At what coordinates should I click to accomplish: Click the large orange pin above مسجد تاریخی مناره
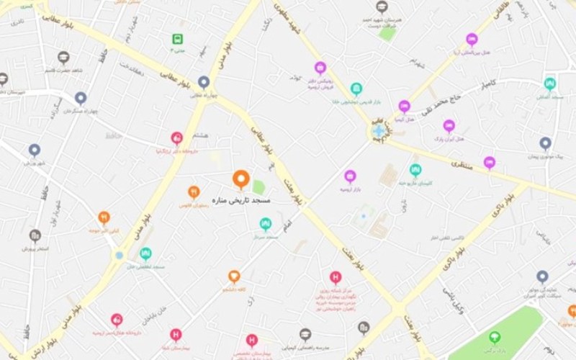pyautogui.click(x=240, y=179)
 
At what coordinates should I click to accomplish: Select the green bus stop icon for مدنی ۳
pyautogui.click(x=177, y=39)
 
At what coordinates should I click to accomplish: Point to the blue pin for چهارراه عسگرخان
pyautogui.click(x=81, y=97)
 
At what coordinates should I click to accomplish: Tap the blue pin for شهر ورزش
pyautogui.click(x=35, y=150)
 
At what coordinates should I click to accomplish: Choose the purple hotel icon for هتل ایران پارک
pyautogui.click(x=449, y=125)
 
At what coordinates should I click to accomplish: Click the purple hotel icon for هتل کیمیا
pyautogui.click(x=405, y=107)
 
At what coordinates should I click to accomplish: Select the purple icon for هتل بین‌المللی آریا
pyautogui.click(x=472, y=39)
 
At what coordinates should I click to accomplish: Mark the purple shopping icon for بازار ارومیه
pyautogui.click(x=350, y=176)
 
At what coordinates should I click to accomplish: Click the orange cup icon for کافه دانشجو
pyautogui.click(x=234, y=276)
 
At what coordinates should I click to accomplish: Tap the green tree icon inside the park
pyautogui.click(x=495, y=336)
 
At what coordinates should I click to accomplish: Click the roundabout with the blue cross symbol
pyautogui.click(x=379, y=131)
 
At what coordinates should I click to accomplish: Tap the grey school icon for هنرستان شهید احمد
pyautogui.click(x=382, y=7)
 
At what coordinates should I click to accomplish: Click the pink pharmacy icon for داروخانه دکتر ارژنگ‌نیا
pyautogui.click(x=176, y=138)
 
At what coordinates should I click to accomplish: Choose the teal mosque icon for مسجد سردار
pyautogui.click(x=266, y=223)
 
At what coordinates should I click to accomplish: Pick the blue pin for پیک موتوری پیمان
pyautogui.click(x=545, y=143)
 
